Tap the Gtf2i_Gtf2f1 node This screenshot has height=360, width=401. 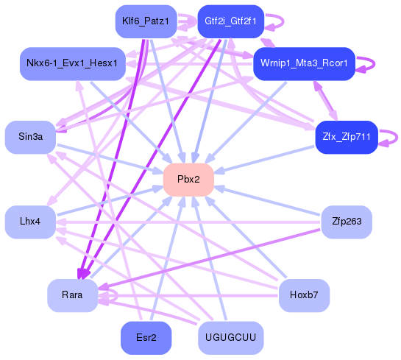pos(231,21)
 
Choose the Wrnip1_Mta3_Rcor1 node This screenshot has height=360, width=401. pos(304,64)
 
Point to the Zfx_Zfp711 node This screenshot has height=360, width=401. pos(345,137)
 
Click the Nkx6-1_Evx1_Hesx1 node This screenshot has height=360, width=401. pos(71,64)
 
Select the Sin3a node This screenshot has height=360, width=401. pos(30,137)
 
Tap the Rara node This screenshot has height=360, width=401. pos(72,295)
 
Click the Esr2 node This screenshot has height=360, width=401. pos(145,338)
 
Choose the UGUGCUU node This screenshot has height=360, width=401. pos(230,338)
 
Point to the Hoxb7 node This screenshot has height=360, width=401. pos(303,295)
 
